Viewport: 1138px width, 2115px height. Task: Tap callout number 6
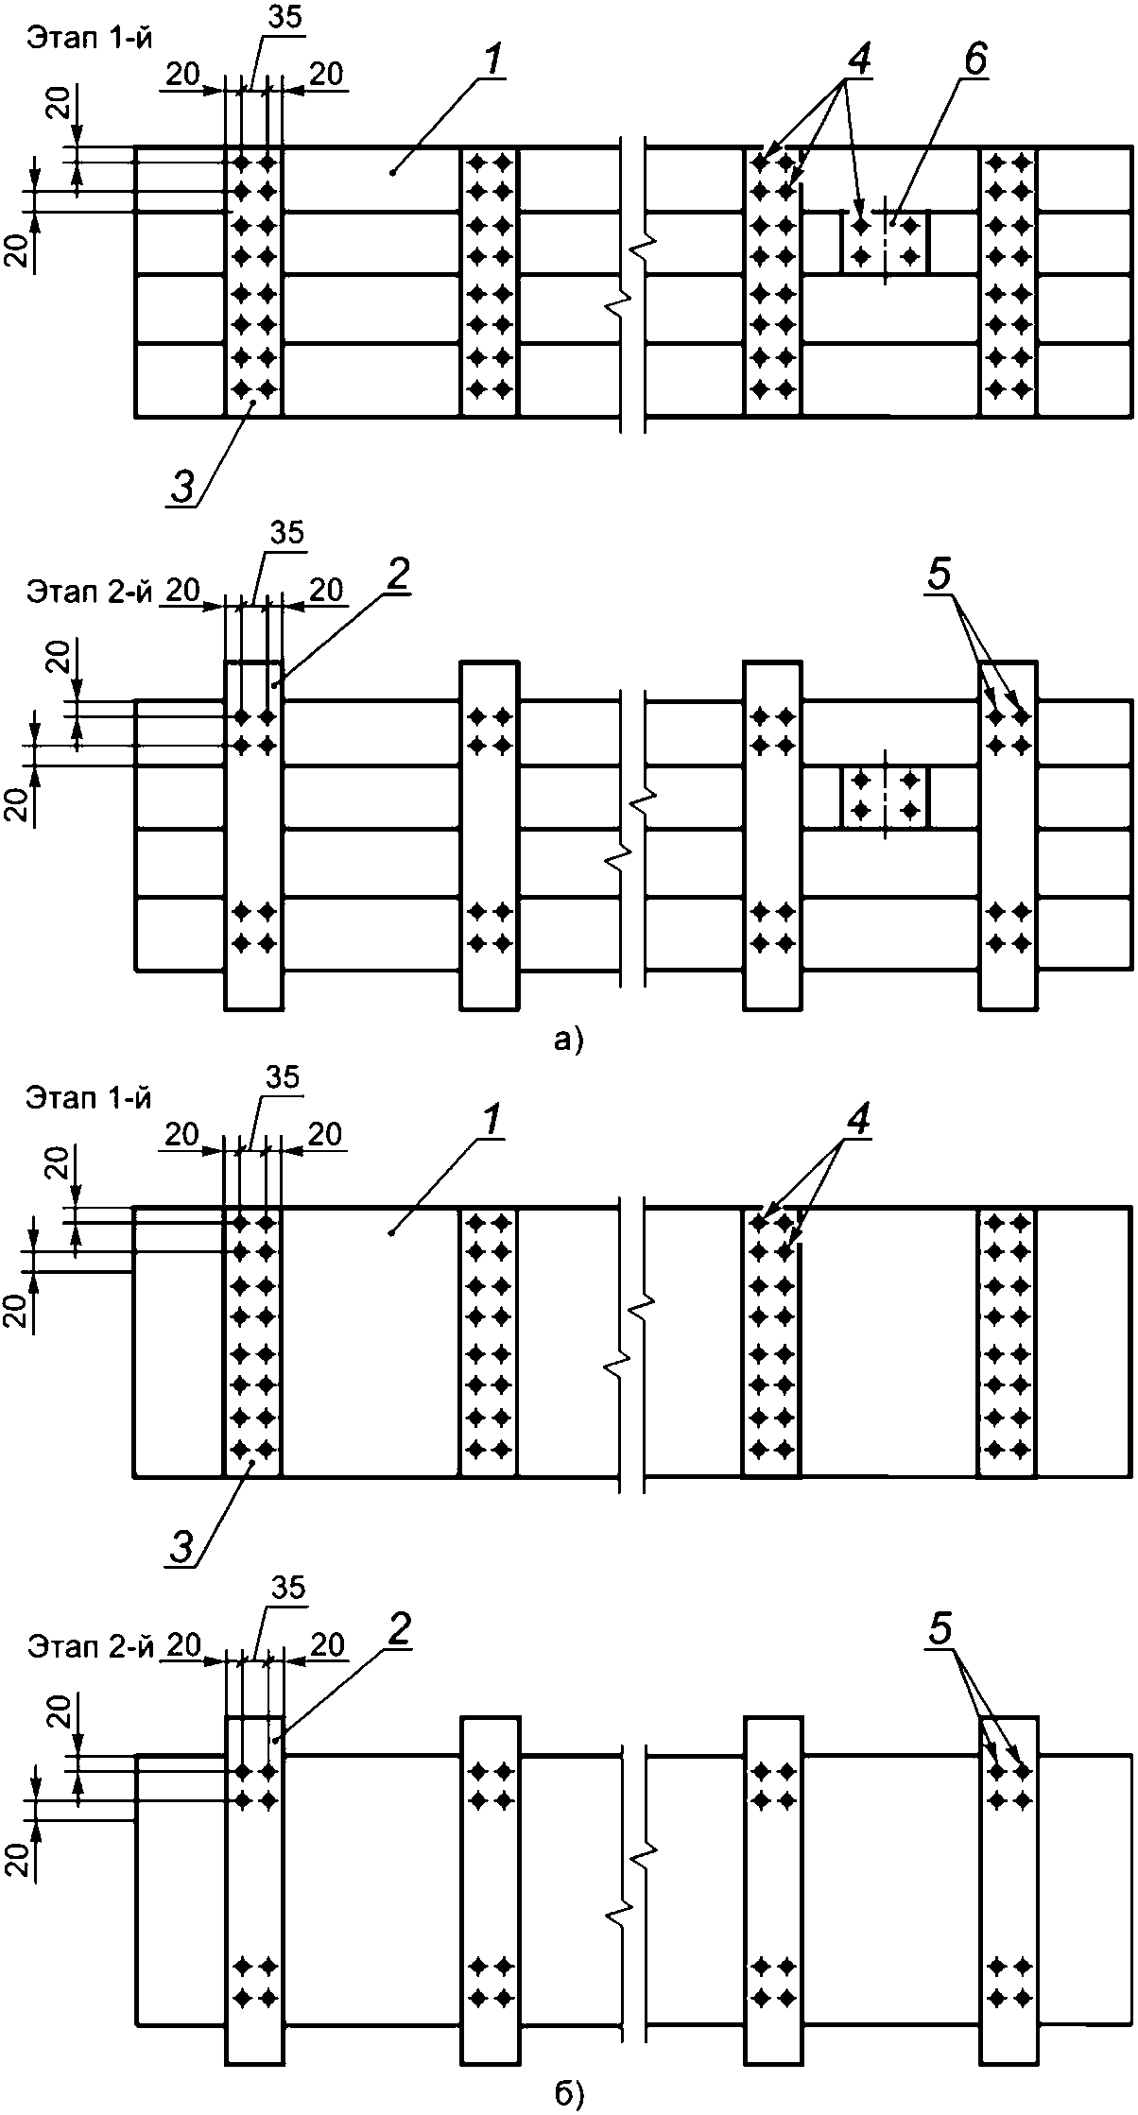tap(974, 60)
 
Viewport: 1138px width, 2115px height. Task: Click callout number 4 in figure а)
tap(859, 60)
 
